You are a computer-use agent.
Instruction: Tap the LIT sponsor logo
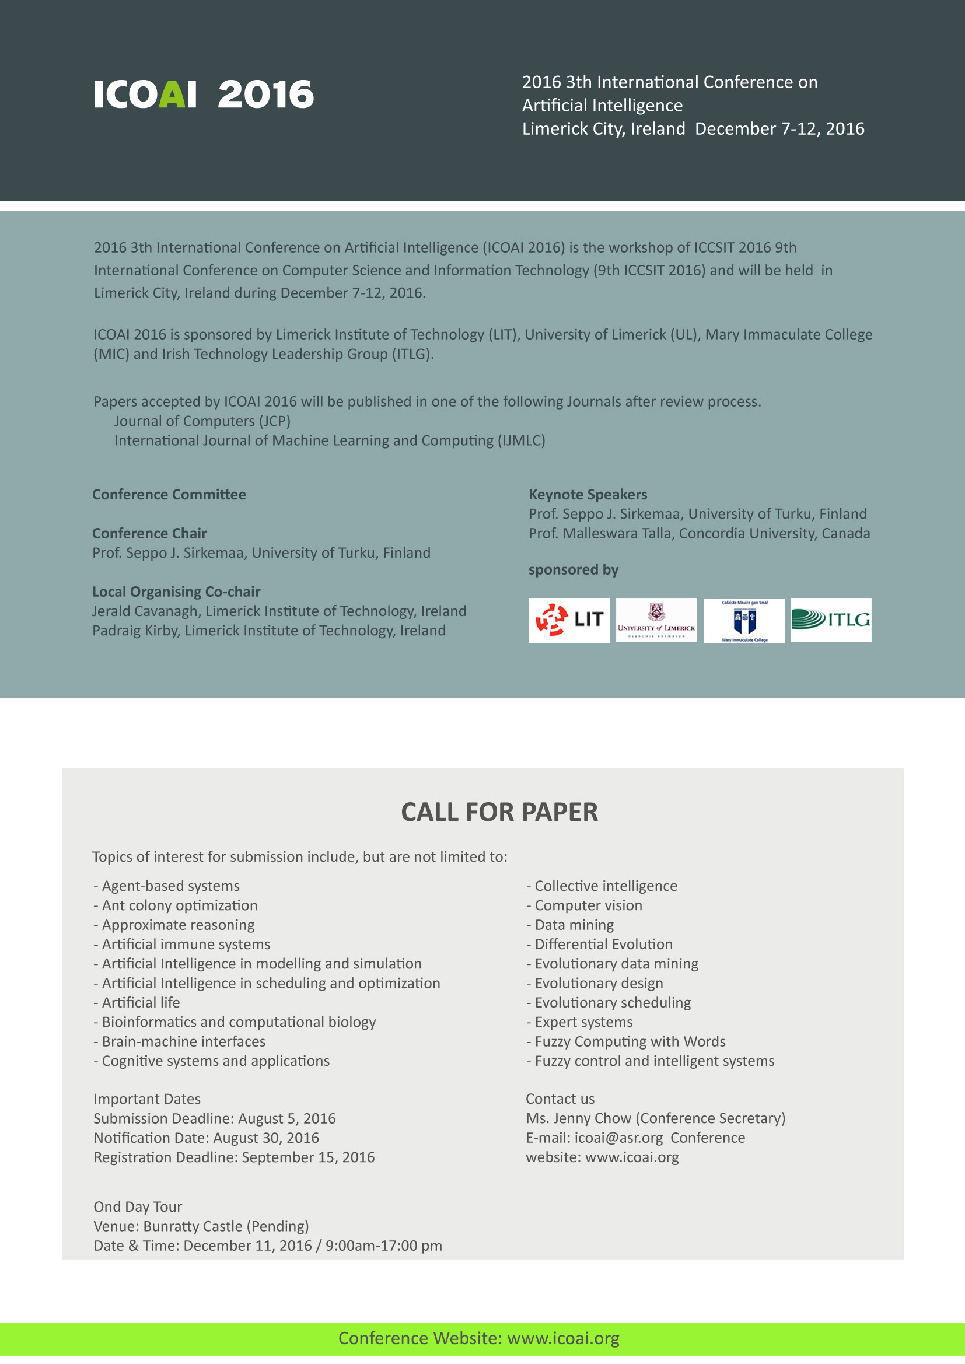(x=569, y=620)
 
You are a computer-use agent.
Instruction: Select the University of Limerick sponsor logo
(x=656, y=620)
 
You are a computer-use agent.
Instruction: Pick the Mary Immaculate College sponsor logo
(x=744, y=620)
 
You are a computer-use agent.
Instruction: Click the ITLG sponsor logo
(x=831, y=620)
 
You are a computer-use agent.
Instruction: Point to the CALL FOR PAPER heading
(x=499, y=812)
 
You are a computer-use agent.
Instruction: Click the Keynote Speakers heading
(x=588, y=494)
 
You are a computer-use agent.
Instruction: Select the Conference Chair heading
(x=149, y=533)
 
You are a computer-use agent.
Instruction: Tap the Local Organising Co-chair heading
(x=176, y=591)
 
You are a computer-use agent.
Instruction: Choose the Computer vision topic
(x=588, y=905)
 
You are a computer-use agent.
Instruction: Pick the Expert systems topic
(x=583, y=1021)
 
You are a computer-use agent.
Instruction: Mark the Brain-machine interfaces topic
(x=184, y=1041)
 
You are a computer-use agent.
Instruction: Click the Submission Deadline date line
(x=215, y=1118)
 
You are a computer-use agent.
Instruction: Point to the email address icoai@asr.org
(x=618, y=1137)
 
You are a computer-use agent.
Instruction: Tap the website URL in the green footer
(x=562, y=1338)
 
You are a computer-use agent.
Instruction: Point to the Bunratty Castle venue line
(x=201, y=1226)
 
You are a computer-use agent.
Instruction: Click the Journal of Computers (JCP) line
(x=202, y=421)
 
